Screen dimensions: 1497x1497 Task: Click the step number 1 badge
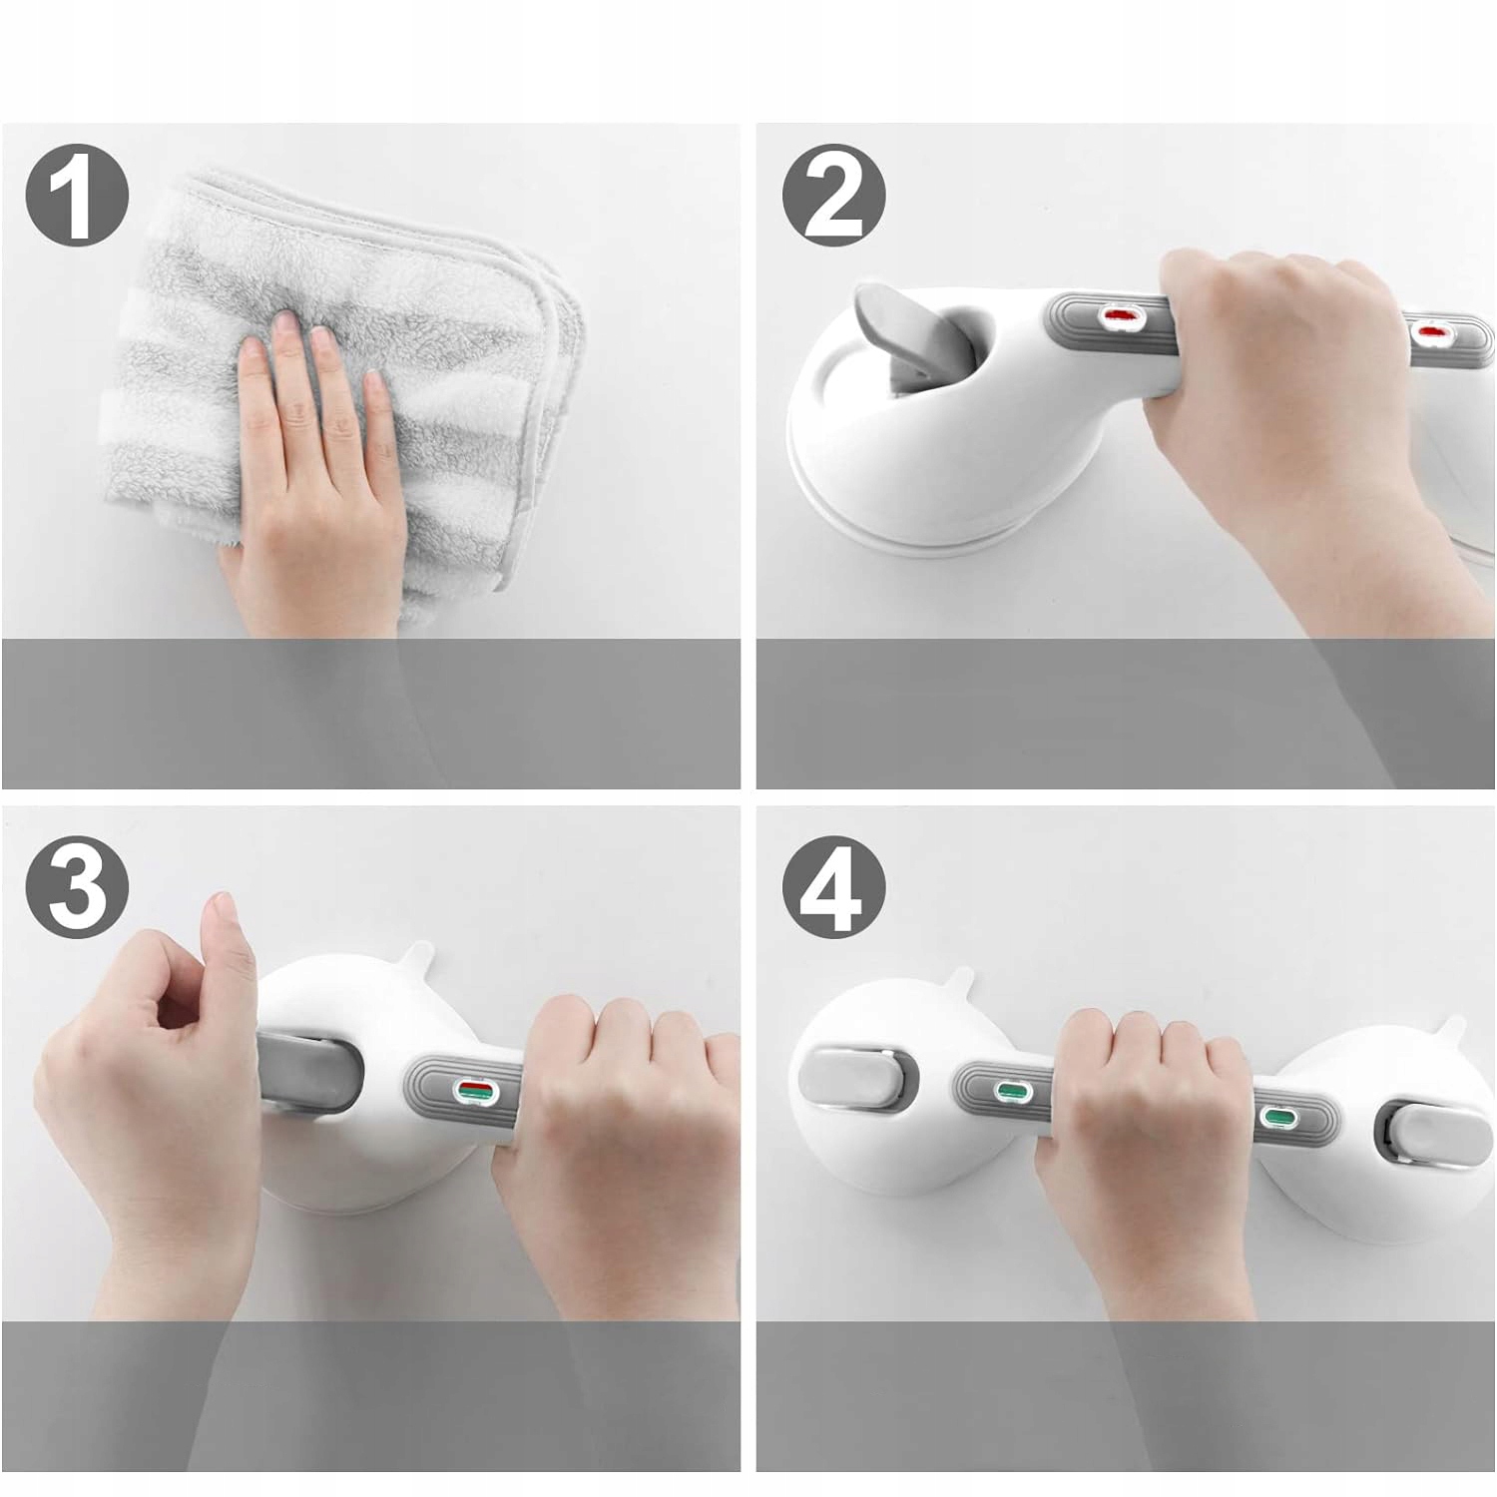click(77, 197)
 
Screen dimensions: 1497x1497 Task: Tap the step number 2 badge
click(833, 197)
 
